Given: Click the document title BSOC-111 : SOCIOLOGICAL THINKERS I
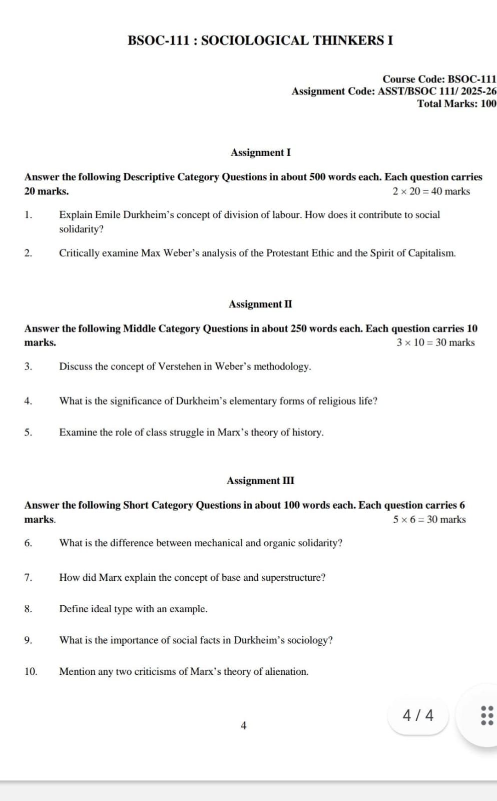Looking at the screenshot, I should point(260,41).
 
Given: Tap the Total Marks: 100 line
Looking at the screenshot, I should point(456,104).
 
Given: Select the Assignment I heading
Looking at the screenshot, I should point(260,153).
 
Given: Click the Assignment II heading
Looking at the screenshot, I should point(260,304).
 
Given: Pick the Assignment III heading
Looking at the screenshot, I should point(260,481).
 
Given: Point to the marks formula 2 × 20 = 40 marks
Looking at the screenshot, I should point(431,191).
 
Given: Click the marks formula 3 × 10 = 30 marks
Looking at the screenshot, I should point(435,343).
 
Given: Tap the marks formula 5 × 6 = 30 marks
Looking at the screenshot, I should point(429,520).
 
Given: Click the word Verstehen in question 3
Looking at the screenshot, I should point(185,366).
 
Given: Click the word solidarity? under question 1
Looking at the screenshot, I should point(81,229).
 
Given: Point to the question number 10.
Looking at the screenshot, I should point(31,672).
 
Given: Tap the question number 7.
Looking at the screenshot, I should point(28,578).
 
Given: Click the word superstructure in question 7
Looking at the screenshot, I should point(293,578).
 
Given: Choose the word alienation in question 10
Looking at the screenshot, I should point(286,672).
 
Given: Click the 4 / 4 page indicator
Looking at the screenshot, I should point(418,715).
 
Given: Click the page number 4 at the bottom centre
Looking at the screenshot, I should point(244,725).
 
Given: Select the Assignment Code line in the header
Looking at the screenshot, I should point(394,92).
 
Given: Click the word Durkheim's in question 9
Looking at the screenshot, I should point(259,640).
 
